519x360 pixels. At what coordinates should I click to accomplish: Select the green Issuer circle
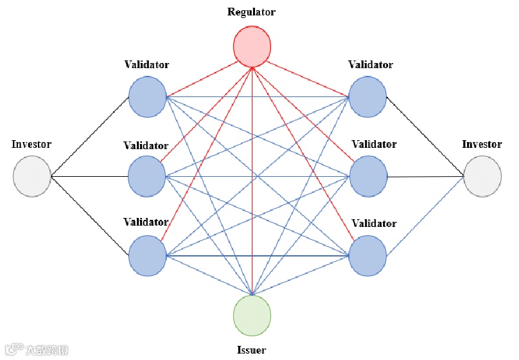[252, 316]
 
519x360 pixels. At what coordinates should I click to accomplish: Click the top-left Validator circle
[147, 98]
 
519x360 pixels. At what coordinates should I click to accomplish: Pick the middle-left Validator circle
[147, 175]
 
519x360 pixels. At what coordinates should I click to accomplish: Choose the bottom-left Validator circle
[147, 255]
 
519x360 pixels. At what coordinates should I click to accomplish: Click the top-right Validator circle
[367, 98]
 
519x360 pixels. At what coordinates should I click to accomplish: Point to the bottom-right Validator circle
[367, 255]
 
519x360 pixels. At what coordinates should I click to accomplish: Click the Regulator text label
[252, 12]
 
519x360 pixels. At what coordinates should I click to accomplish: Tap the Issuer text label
[252, 350]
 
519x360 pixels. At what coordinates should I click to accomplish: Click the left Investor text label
[31, 144]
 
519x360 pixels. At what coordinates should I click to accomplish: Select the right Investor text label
[482, 144]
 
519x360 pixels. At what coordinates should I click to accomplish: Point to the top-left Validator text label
[147, 64]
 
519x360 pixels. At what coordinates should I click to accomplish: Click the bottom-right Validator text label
[374, 224]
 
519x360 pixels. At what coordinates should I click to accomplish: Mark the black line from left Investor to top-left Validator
[90, 137]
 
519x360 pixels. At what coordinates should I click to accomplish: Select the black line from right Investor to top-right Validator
[425, 137]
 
